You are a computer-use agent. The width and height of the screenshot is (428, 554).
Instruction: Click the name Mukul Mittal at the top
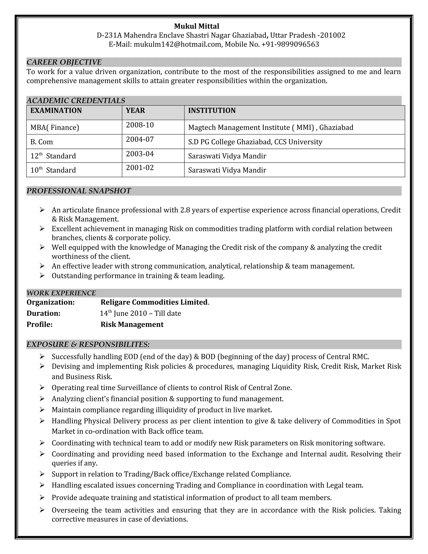pyautogui.click(x=196, y=26)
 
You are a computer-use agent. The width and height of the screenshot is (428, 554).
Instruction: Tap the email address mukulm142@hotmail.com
pyautogui.click(x=177, y=44)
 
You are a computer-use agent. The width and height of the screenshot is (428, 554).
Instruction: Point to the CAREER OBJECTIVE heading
pyautogui.click(x=64, y=62)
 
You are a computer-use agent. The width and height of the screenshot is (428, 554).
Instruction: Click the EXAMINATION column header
pyautogui.click(x=56, y=111)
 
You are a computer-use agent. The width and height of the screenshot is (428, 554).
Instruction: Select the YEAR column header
pyautogui.click(x=135, y=111)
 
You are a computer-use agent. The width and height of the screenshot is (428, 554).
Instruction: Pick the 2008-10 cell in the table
pyautogui.click(x=140, y=125)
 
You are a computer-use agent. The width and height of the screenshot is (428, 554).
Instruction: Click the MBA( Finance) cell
pyautogui.click(x=55, y=127)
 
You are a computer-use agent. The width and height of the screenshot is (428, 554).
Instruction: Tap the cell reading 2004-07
pyautogui.click(x=140, y=139)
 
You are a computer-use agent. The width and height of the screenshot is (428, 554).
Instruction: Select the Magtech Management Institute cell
pyautogui.click(x=271, y=127)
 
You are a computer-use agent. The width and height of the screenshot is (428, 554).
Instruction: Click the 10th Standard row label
pyautogui.click(x=53, y=170)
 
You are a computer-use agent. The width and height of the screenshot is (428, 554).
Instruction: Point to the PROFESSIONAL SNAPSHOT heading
pyautogui.click(x=79, y=191)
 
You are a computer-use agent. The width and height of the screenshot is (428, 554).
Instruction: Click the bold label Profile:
pyautogui.click(x=39, y=324)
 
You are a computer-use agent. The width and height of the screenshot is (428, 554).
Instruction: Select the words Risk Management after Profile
pyautogui.click(x=132, y=324)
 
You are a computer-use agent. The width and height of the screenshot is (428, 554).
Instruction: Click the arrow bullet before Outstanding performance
pyautogui.click(x=42, y=276)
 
